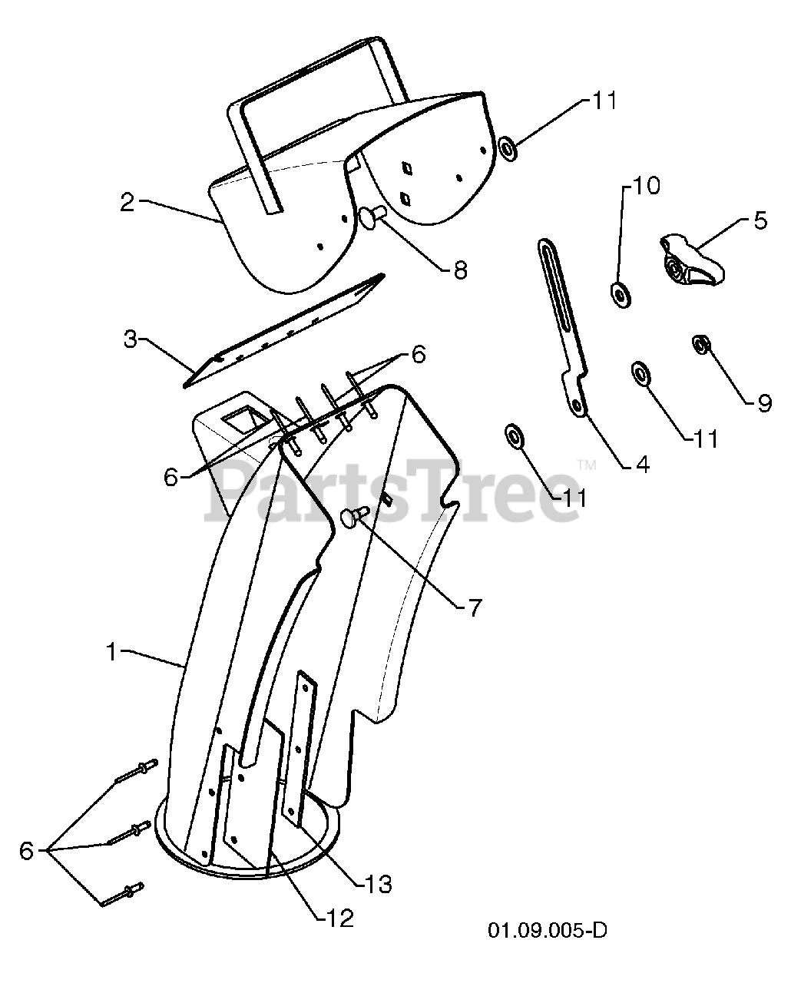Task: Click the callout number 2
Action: click(127, 203)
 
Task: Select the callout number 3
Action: click(131, 339)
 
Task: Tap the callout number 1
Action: click(112, 652)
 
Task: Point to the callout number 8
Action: click(460, 270)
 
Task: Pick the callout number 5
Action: click(759, 221)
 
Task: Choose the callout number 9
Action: click(763, 402)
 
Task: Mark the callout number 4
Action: click(642, 464)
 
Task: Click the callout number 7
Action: click(474, 607)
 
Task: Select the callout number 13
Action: click(379, 884)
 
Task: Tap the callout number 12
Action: click(339, 918)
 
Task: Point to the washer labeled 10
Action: click(619, 293)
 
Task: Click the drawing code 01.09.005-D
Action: click(547, 931)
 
